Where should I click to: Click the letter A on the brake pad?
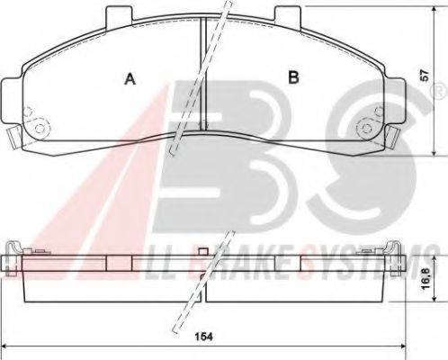130,78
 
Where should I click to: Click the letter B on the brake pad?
292,78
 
